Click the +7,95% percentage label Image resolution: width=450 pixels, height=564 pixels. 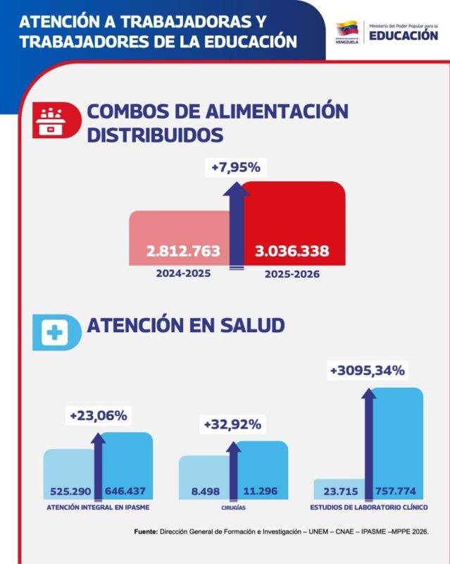tap(236, 168)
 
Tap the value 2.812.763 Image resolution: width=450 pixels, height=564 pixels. tap(183, 251)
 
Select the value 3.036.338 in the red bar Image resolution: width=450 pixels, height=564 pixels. tap(292, 251)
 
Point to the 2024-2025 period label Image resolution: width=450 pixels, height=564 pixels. tap(183, 274)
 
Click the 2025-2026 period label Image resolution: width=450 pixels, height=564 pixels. tap(292, 274)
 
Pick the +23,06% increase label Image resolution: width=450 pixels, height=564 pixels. tap(99, 416)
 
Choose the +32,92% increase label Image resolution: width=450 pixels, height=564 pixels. tap(232, 424)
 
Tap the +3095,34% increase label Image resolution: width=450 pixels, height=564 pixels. tap(368, 371)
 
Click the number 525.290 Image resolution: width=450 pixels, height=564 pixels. tap(70, 491)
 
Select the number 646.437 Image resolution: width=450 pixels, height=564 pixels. tap(125, 491)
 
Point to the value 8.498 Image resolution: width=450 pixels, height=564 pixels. tap(205, 491)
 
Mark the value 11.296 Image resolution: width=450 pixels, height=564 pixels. tap(261, 491)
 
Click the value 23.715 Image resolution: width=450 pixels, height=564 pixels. tap(341, 491)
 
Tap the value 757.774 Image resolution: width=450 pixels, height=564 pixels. tap(395, 491)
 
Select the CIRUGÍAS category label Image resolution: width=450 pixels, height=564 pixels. tap(233, 508)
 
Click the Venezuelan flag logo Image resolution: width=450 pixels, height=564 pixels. tap(347, 29)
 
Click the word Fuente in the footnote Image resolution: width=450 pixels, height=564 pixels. tap(146, 532)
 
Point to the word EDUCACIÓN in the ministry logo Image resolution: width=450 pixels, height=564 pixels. tap(404, 36)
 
